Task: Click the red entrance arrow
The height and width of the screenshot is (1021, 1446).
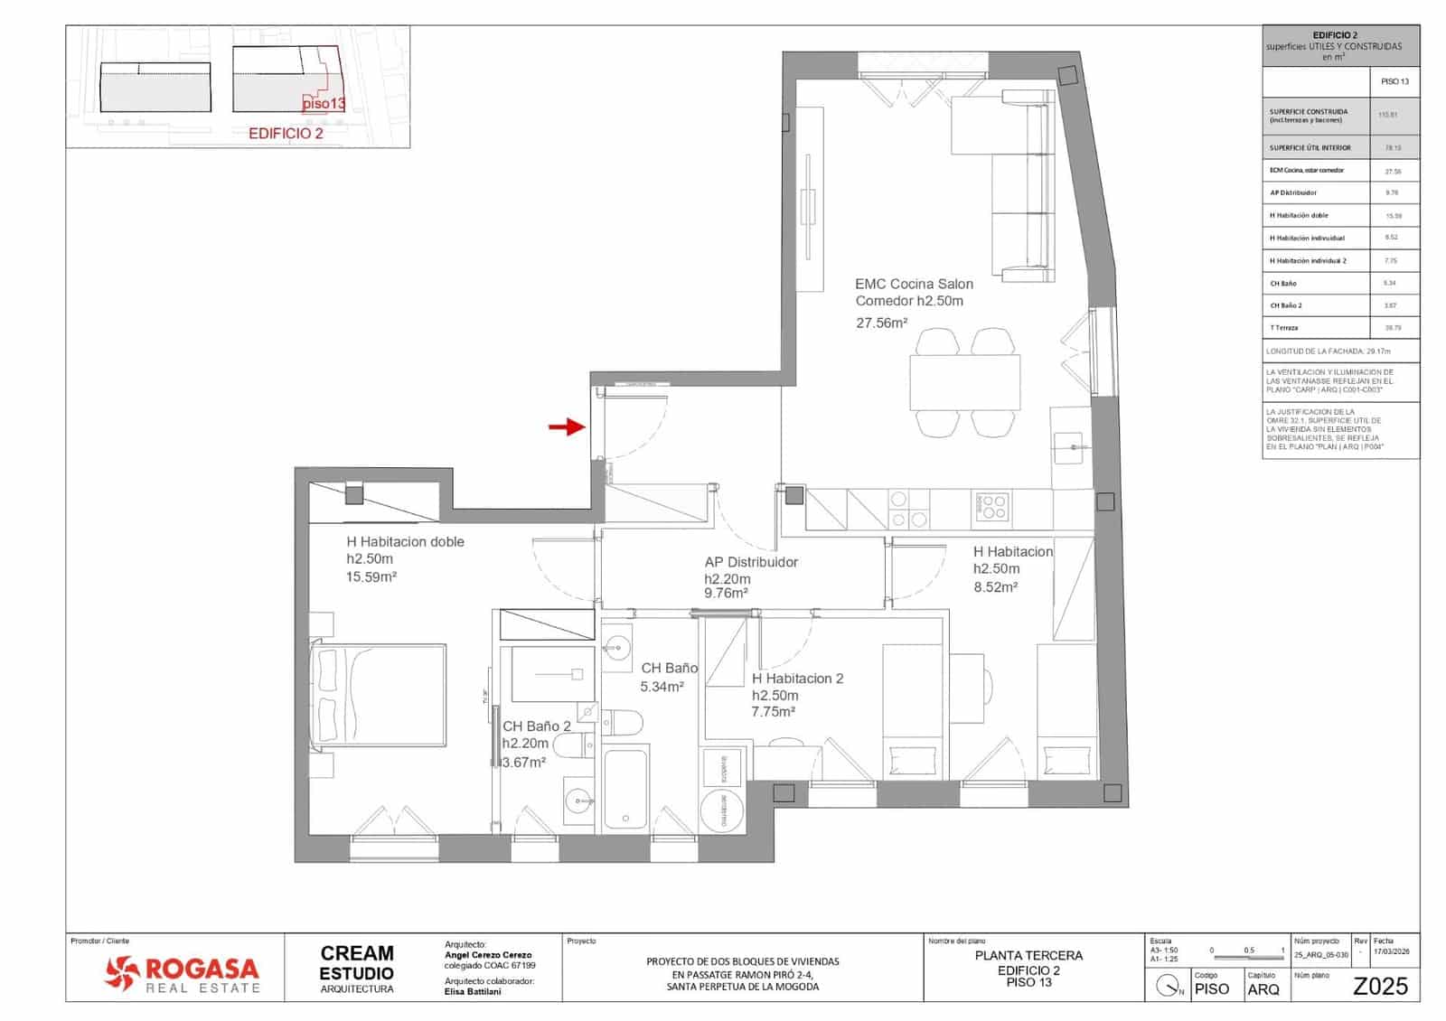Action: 567,426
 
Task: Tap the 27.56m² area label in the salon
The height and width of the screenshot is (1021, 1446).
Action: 881,322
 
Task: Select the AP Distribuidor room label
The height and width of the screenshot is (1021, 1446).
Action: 751,562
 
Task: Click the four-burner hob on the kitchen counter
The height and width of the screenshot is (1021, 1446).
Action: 992,507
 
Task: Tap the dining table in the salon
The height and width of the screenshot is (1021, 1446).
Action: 964,382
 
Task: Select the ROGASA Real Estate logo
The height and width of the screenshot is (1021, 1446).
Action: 182,973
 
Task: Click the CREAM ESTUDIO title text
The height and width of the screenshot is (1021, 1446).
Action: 357,962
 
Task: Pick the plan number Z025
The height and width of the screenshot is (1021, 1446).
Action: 1379,987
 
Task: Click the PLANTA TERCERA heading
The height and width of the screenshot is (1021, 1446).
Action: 1028,955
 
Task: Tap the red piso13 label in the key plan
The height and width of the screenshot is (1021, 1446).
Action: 324,103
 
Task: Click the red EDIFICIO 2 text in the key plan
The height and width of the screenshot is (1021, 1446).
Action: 286,133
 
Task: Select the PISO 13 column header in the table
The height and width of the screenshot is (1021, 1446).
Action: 1394,81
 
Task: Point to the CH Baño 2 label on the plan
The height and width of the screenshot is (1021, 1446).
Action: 537,726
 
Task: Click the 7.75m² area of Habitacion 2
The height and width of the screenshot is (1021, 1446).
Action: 774,712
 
